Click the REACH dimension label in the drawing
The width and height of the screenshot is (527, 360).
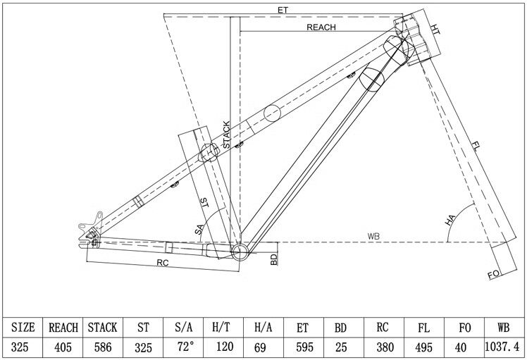point(321,27)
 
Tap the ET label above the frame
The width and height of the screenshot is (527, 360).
point(283,10)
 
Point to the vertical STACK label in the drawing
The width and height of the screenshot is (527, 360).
point(226,134)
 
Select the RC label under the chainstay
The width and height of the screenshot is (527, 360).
point(163,263)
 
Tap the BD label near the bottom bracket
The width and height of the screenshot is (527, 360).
point(274,259)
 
